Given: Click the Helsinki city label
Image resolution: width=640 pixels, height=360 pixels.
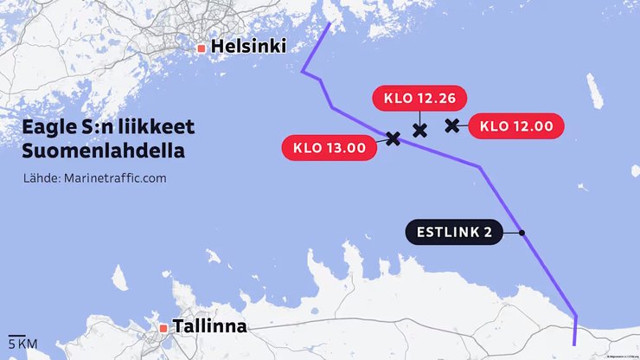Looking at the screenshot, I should (248, 47).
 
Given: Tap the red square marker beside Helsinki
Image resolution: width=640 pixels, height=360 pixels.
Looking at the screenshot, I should (202, 48).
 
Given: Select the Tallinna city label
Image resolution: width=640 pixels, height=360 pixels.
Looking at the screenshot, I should (210, 327).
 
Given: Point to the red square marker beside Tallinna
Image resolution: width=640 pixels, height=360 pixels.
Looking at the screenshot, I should (163, 328).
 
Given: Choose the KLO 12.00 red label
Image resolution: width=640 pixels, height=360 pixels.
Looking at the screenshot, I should (516, 125).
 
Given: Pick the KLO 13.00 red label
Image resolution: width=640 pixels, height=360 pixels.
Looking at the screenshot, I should (330, 148).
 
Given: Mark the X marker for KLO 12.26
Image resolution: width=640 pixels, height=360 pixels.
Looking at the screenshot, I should (420, 131).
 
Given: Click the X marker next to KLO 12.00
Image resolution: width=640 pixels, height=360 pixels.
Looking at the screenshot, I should (451, 125).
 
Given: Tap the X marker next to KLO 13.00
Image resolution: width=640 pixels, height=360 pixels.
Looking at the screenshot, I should (393, 138).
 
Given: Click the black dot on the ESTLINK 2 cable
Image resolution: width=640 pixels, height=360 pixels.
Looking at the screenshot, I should (522, 233).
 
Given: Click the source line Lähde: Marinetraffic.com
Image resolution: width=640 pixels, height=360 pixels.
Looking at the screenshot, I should (95, 178).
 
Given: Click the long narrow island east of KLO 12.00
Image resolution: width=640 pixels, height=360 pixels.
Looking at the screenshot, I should (594, 91).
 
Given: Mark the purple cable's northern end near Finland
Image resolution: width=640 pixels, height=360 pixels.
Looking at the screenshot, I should (330, 22).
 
